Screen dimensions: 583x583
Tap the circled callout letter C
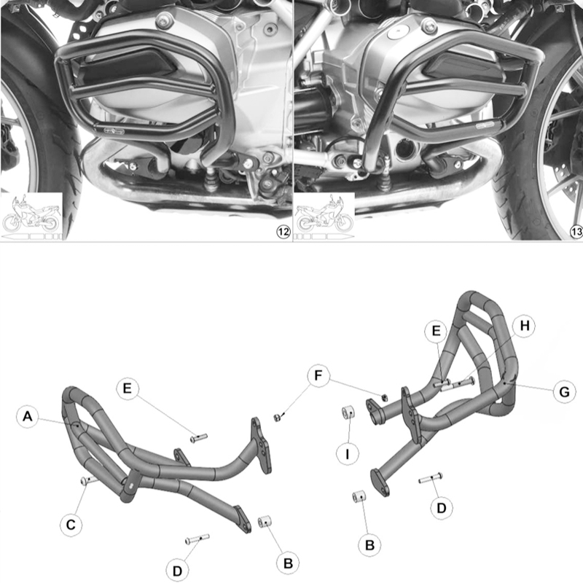71,524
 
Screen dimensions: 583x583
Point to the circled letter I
348,453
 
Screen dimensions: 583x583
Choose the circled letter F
316,377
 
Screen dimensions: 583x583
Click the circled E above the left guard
127,389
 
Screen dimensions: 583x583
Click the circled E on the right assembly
436,332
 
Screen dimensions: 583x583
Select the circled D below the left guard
178,569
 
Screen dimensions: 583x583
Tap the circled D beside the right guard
441,508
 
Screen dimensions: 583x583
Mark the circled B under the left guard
288,563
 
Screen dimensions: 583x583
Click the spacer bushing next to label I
348,414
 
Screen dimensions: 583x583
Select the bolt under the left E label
198,437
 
